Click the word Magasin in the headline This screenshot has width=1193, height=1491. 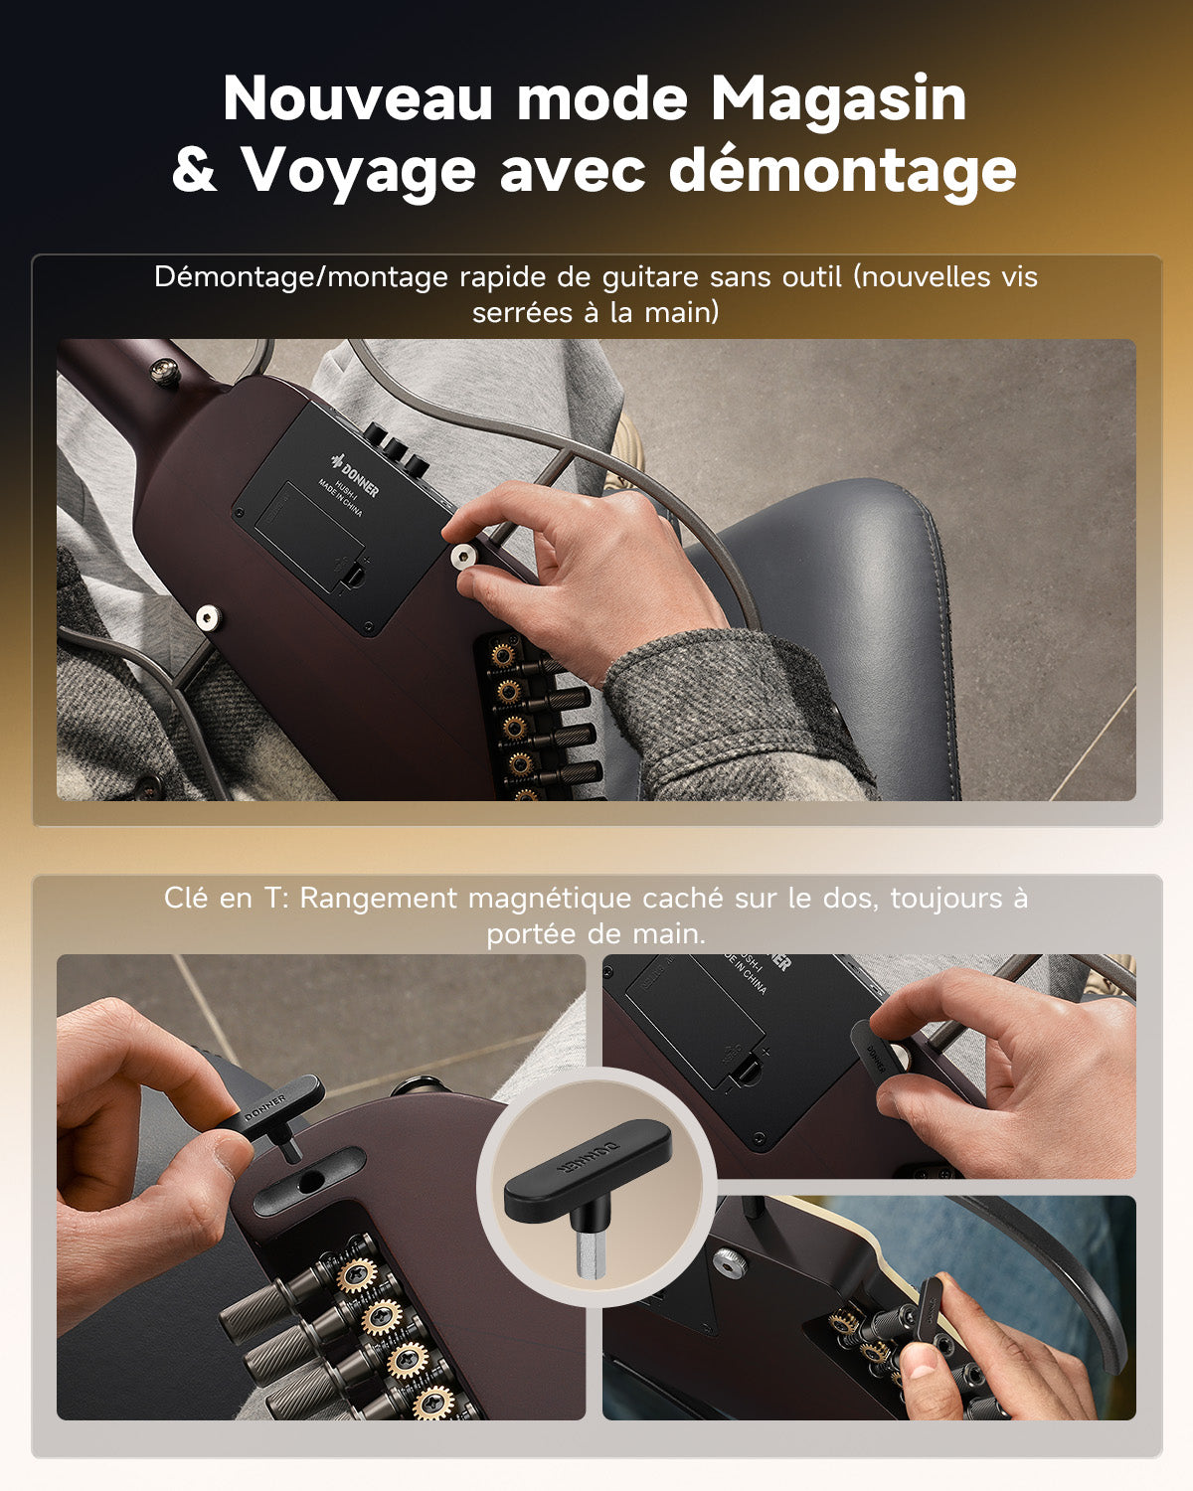point(838,99)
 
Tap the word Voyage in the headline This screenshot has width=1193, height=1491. point(359,171)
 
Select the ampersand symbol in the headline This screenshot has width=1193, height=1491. point(194,171)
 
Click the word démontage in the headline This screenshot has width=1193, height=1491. point(842,171)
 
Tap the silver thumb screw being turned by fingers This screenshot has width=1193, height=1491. point(463,557)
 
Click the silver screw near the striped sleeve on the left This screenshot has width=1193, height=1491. point(207,618)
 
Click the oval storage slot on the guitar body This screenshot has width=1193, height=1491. point(308,1180)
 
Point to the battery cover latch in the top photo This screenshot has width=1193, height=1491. point(353,574)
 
